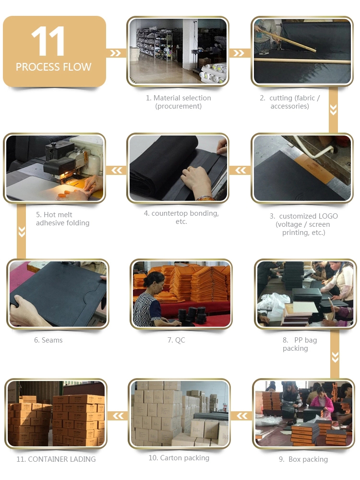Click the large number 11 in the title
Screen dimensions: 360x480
(48, 41)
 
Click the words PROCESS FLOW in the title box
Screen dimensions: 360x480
(54, 67)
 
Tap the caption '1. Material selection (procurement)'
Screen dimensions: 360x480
(178, 102)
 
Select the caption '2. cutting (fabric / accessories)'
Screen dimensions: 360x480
(289, 102)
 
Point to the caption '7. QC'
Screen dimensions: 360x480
(176, 340)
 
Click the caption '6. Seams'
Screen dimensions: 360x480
(48, 340)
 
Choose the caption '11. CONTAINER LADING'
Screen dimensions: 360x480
(56, 459)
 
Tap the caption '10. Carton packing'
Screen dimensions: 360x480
(179, 458)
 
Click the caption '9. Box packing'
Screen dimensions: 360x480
(303, 459)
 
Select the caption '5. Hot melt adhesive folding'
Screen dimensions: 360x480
(63, 219)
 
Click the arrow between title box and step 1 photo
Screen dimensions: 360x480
(115, 53)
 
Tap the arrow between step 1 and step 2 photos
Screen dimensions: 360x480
(239, 53)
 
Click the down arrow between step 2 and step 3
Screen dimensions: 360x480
(334, 110)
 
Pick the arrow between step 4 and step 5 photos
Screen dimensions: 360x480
(117, 170)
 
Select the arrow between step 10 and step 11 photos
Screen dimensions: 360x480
(118, 416)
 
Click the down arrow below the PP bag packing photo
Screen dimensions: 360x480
(335, 357)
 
